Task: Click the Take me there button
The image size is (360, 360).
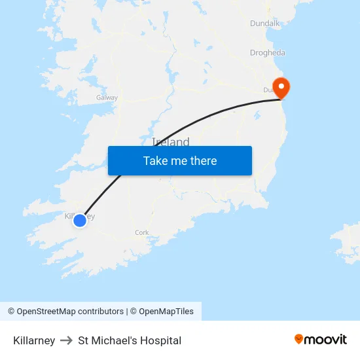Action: tap(180, 161)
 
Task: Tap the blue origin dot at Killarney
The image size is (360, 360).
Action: tap(79, 221)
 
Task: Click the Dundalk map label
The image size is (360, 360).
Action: tap(264, 24)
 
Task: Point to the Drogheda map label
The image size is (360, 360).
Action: tap(267, 53)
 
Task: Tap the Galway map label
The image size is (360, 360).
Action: tap(107, 98)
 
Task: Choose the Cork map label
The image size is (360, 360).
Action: tap(142, 232)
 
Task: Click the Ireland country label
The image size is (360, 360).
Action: tap(171, 142)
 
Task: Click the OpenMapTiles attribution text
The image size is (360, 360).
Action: tap(166, 312)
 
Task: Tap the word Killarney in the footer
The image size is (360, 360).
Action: tap(34, 340)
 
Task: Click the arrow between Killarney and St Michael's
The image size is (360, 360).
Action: tap(66, 340)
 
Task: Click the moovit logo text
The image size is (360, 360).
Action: tap(326, 340)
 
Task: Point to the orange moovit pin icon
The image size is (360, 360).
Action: tap(298, 339)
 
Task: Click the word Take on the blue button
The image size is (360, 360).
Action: tap(155, 161)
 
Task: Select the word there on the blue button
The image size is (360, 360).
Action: tap(202, 161)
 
